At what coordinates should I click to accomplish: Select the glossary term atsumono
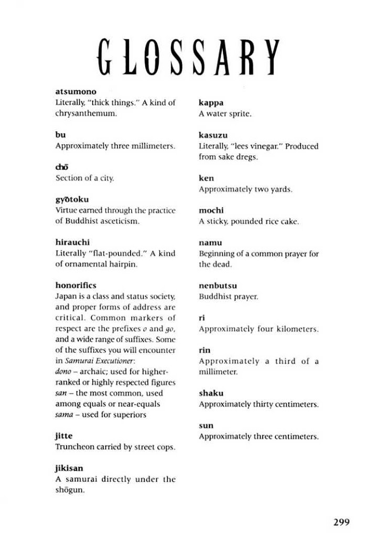coord(75,92)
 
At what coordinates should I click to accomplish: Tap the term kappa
coord(211,103)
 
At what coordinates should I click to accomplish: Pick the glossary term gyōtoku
coord(72,200)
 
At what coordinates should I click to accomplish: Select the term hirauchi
coord(72,242)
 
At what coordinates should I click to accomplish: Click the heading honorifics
coord(75,285)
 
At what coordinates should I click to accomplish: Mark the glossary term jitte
coord(64,436)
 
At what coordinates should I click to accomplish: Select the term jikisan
coord(69,468)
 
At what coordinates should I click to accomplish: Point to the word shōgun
coord(70,490)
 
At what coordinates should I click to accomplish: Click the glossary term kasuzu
coord(213,135)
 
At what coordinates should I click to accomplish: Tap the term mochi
coord(210,210)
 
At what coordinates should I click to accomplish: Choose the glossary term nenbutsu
coord(218,286)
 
